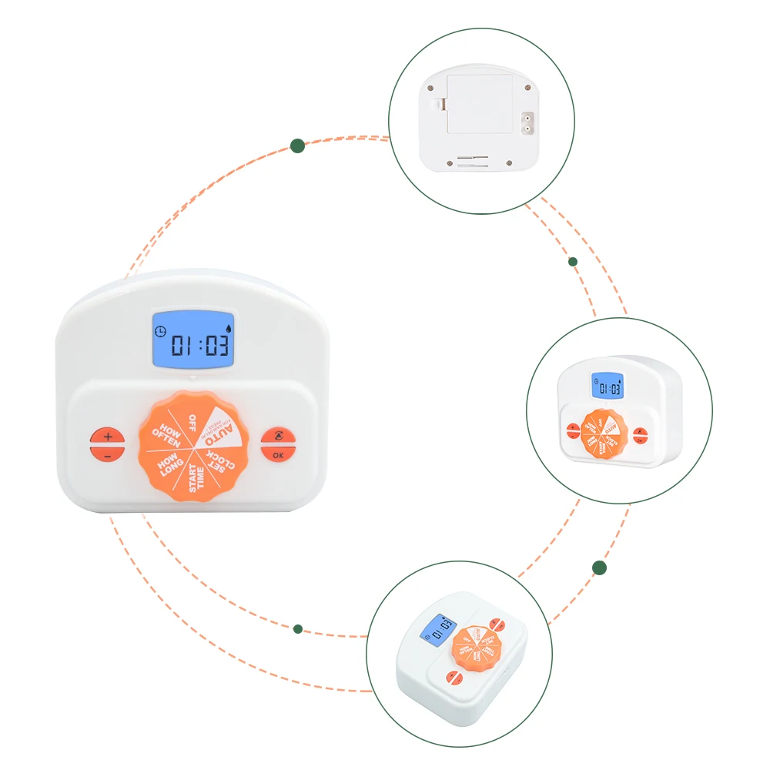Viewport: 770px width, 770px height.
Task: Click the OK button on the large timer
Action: pos(277,454)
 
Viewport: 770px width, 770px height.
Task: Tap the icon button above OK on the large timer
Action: pos(277,436)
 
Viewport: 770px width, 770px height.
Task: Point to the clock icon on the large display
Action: pos(159,331)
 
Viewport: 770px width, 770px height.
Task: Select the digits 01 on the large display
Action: pos(183,344)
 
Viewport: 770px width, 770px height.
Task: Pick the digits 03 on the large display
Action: pos(217,344)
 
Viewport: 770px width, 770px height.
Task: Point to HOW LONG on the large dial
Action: pos(167,465)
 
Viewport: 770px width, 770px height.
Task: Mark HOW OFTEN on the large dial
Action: pos(166,437)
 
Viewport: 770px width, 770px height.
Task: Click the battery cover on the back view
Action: pos(479,103)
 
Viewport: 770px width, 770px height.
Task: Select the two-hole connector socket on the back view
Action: pos(528,123)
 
